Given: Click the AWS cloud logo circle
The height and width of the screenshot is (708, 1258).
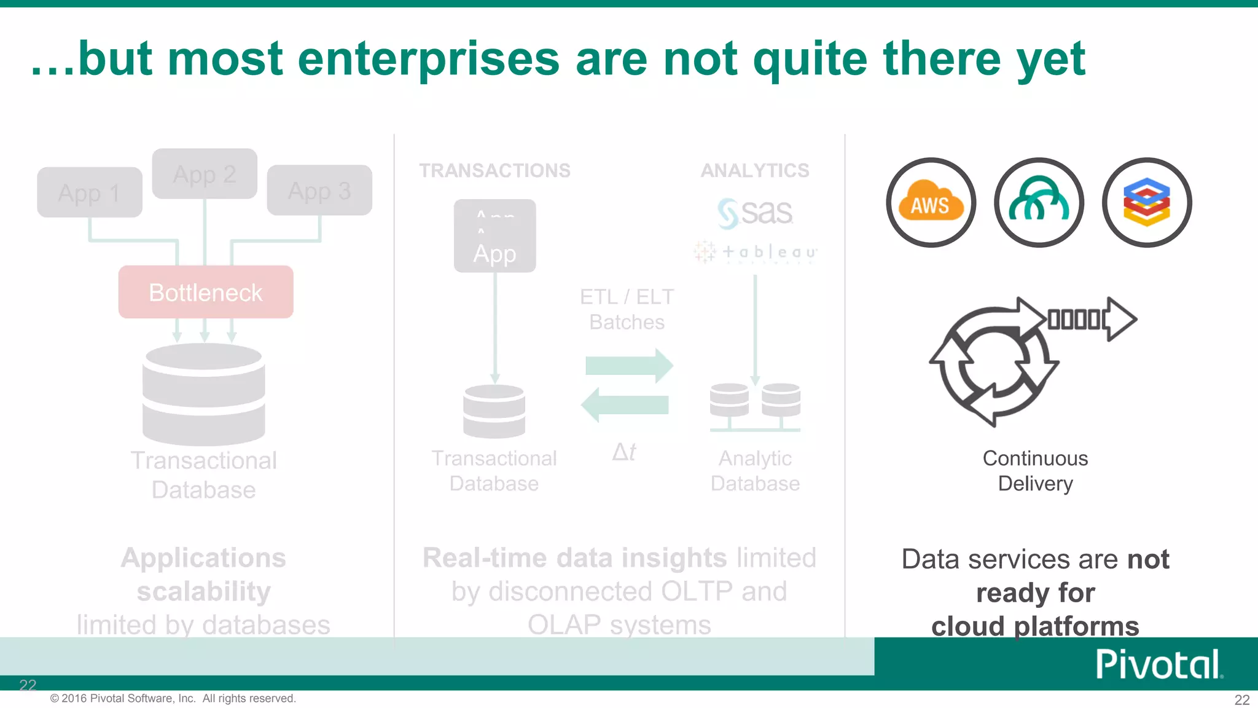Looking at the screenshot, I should pos(931,203).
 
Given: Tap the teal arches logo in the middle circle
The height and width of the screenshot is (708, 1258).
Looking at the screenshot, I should pos(1039,203).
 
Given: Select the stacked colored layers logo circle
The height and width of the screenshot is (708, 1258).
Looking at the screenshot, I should pos(1147,203).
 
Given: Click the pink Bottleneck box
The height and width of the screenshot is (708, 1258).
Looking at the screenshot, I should pos(206,292).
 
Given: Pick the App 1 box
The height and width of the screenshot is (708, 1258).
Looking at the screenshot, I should pos(90,192).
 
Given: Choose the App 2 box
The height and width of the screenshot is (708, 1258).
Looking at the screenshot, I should pos(205,174).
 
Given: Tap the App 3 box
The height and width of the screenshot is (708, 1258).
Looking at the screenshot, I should pos(319,191).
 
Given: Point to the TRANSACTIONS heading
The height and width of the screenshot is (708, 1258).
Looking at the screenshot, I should pos(494,170).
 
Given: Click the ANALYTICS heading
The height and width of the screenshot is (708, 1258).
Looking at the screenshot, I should pos(755,170).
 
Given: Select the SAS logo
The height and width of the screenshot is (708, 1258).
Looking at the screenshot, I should pos(755,213).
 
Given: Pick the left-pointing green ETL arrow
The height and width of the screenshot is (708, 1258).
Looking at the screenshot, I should pos(625,405).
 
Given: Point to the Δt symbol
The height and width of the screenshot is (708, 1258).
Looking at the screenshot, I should pos(624,452).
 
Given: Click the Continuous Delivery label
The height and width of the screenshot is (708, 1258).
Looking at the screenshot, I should pos(1035,471).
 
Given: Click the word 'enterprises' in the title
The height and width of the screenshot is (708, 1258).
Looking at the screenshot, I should pos(428,60).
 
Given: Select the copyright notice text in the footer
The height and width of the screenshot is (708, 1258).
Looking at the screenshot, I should pos(173,698).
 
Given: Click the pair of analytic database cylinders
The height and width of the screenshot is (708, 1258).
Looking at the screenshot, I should pos(755,406).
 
